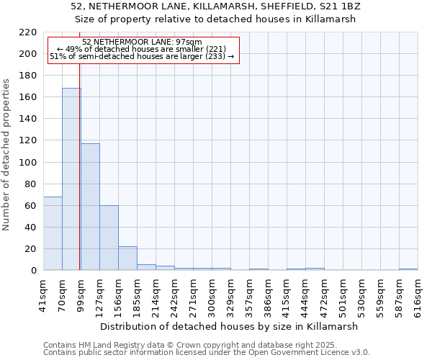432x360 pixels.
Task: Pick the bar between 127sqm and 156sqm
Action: click(x=109, y=238)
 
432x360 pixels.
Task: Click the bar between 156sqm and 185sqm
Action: click(x=127, y=258)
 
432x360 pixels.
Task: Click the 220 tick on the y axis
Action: click(x=29, y=32)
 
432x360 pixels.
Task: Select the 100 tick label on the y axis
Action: click(x=29, y=163)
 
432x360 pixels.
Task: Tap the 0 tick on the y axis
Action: click(x=34, y=271)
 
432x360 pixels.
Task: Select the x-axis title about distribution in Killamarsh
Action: click(x=230, y=326)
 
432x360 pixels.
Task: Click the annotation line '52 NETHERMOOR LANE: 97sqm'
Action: click(x=142, y=42)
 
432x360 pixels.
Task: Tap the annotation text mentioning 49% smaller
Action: click(x=142, y=49)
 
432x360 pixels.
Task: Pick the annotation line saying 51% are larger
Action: click(x=142, y=56)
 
